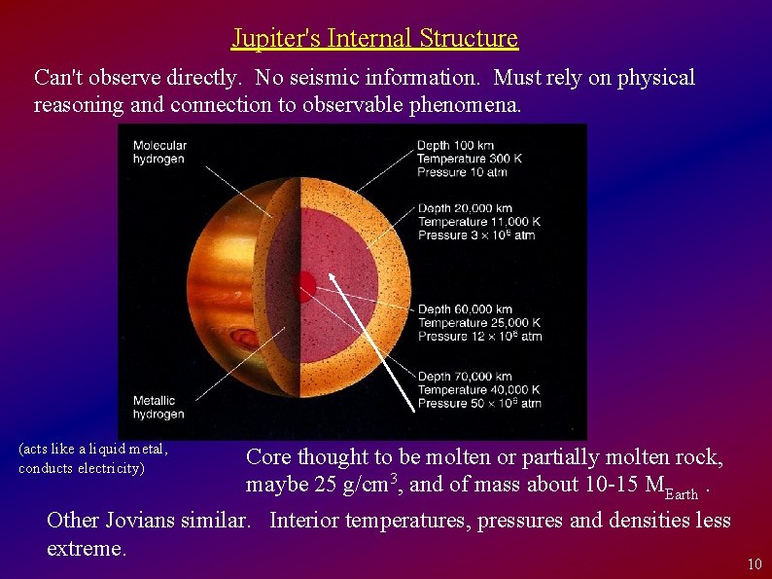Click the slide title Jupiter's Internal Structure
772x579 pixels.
pyautogui.click(x=374, y=38)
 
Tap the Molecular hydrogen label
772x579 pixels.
pyautogui.click(x=158, y=152)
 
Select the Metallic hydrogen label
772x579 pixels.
pyautogui.click(x=158, y=407)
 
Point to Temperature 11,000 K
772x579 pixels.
pyautogui.click(x=479, y=222)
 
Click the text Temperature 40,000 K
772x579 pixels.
pyautogui.click(x=479, y=389)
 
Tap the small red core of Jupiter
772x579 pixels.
pyautogui.click(x=305, y=285)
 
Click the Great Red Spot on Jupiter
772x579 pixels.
pyautogui.click(x=242, y=339)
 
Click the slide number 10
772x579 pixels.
pyautogui.click(x=754, y=565)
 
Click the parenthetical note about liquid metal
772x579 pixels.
pyautogui.click(x=93, y=458)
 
